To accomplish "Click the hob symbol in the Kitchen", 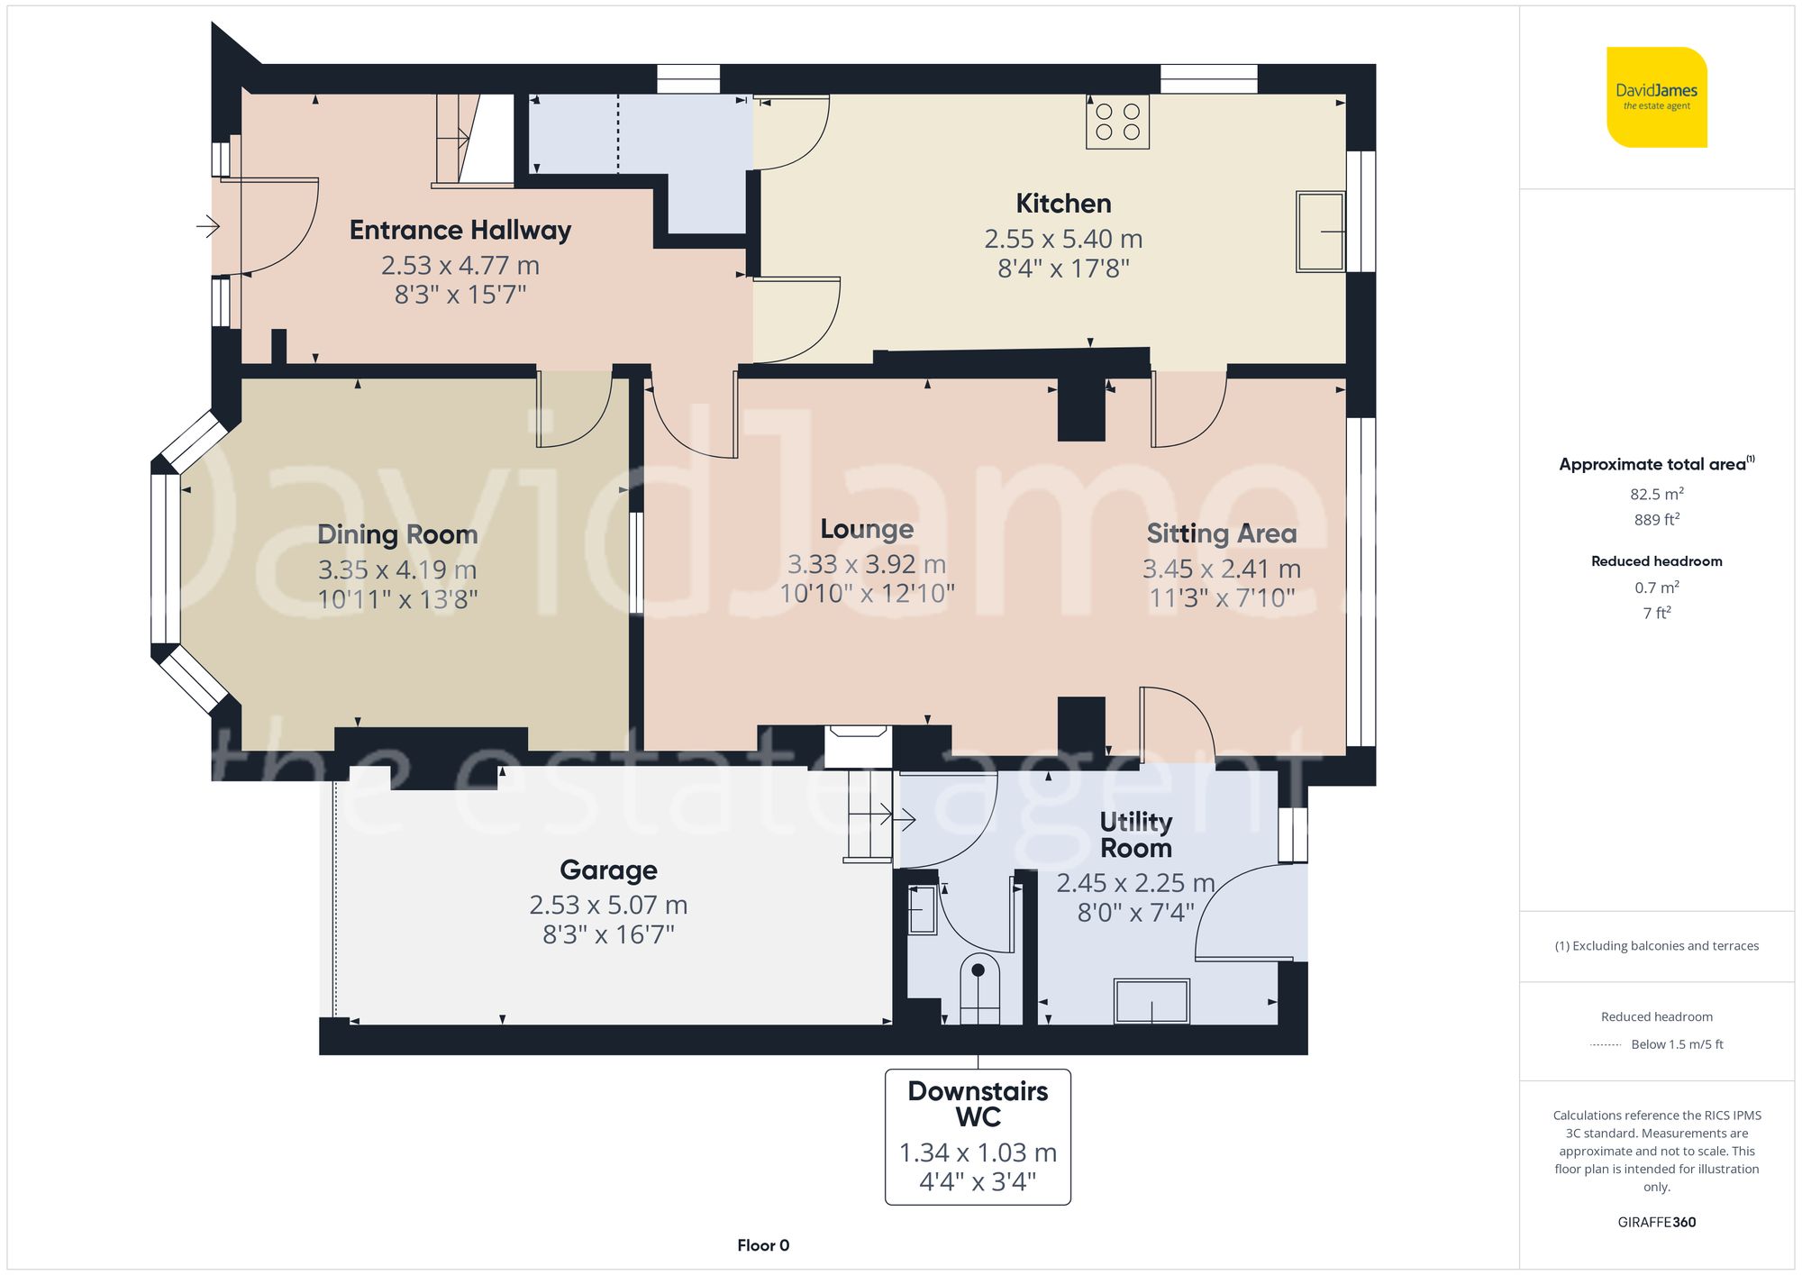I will click(1117, 123).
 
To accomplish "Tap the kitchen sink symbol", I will click(1320, 232).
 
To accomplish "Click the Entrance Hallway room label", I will click(460, 230).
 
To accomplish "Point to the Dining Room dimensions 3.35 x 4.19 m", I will click(396, 569).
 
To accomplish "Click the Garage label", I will click(608, 870).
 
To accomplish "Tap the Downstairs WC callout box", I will click(978, 1136).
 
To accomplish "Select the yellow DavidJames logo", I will click(1656, 97).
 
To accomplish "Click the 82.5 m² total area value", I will click(1656, 494).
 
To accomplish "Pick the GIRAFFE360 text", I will click(1656, 1222).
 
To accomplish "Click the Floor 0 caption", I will click(762, 1245).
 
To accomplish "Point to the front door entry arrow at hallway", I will click(208, 225).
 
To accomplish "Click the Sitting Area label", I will click(1221, 533).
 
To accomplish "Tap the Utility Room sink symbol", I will click(1151, 1001).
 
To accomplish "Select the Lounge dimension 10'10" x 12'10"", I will click(867, 593).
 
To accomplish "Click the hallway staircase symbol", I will click(473, 140).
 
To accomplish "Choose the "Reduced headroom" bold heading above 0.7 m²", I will click(1656, 560).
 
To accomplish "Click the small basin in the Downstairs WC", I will click(921, 910).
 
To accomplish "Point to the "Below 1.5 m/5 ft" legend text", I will click(1676, 1044).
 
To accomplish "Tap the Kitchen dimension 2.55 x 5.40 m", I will click(1063, 239).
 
